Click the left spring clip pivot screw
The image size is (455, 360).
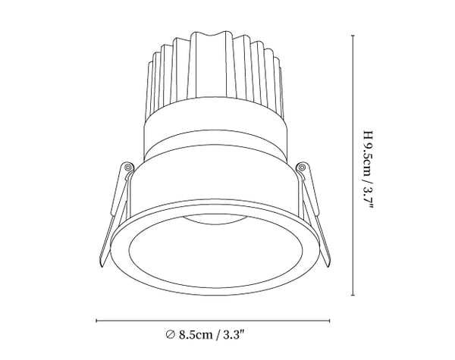127,167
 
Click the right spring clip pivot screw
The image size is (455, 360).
302,167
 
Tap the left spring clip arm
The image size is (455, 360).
113,214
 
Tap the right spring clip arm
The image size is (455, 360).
315,214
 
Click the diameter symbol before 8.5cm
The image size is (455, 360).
170,334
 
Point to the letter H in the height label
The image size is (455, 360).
368,134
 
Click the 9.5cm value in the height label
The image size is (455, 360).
368,159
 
